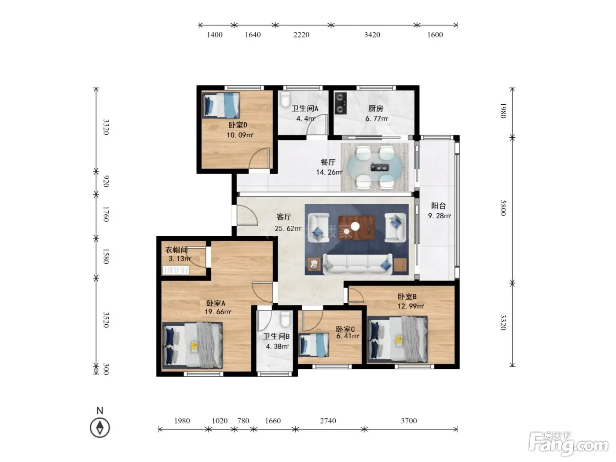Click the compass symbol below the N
99,428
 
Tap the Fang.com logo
568,443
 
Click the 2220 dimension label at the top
301,35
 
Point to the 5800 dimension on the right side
503,208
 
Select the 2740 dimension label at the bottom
328,421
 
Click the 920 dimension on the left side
106,181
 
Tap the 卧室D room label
238,125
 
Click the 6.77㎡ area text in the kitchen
377,119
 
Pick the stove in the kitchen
341,103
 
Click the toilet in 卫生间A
285,99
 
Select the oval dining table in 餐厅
374,168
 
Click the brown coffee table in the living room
356,227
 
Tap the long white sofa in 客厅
357,264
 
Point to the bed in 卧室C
313,345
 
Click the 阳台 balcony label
438,206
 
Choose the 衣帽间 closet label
176,249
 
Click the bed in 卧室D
220,105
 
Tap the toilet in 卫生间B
285,319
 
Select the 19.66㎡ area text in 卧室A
218,312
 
